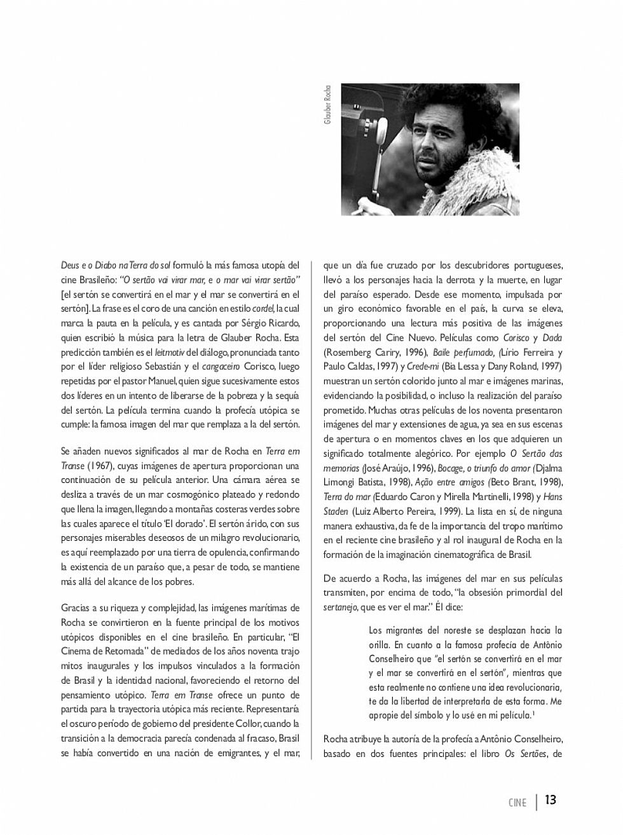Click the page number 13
pos(551,799)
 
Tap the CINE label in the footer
pos(517,802)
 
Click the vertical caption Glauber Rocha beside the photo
pos(328,104)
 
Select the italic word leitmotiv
pos(169,352)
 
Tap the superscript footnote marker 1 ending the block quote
pos(533,713)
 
